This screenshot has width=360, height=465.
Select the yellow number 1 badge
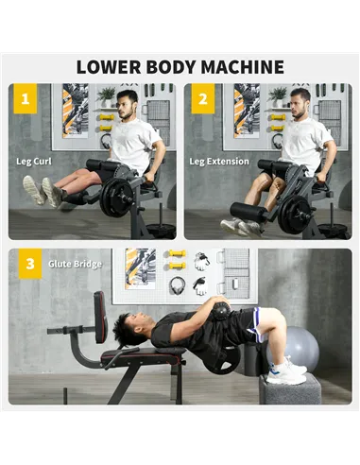[x=26, y=98]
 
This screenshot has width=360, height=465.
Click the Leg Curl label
[x=34, y=161]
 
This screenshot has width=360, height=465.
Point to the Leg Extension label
[x=219, y=161]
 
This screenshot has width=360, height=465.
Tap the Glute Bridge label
[x=75, y=264]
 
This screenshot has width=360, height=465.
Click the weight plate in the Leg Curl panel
[x=118, y=198]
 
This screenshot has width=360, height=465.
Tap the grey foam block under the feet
[x=289, y=387]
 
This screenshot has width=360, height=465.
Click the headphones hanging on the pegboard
[x=177, y=285]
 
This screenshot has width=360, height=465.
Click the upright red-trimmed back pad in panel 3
[x=99, y=317]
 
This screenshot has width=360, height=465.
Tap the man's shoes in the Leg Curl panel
[x=43, y=190]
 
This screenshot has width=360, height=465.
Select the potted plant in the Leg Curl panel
[x=106, y=95]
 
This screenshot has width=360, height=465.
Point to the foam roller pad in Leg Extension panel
[x=248, y=212]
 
